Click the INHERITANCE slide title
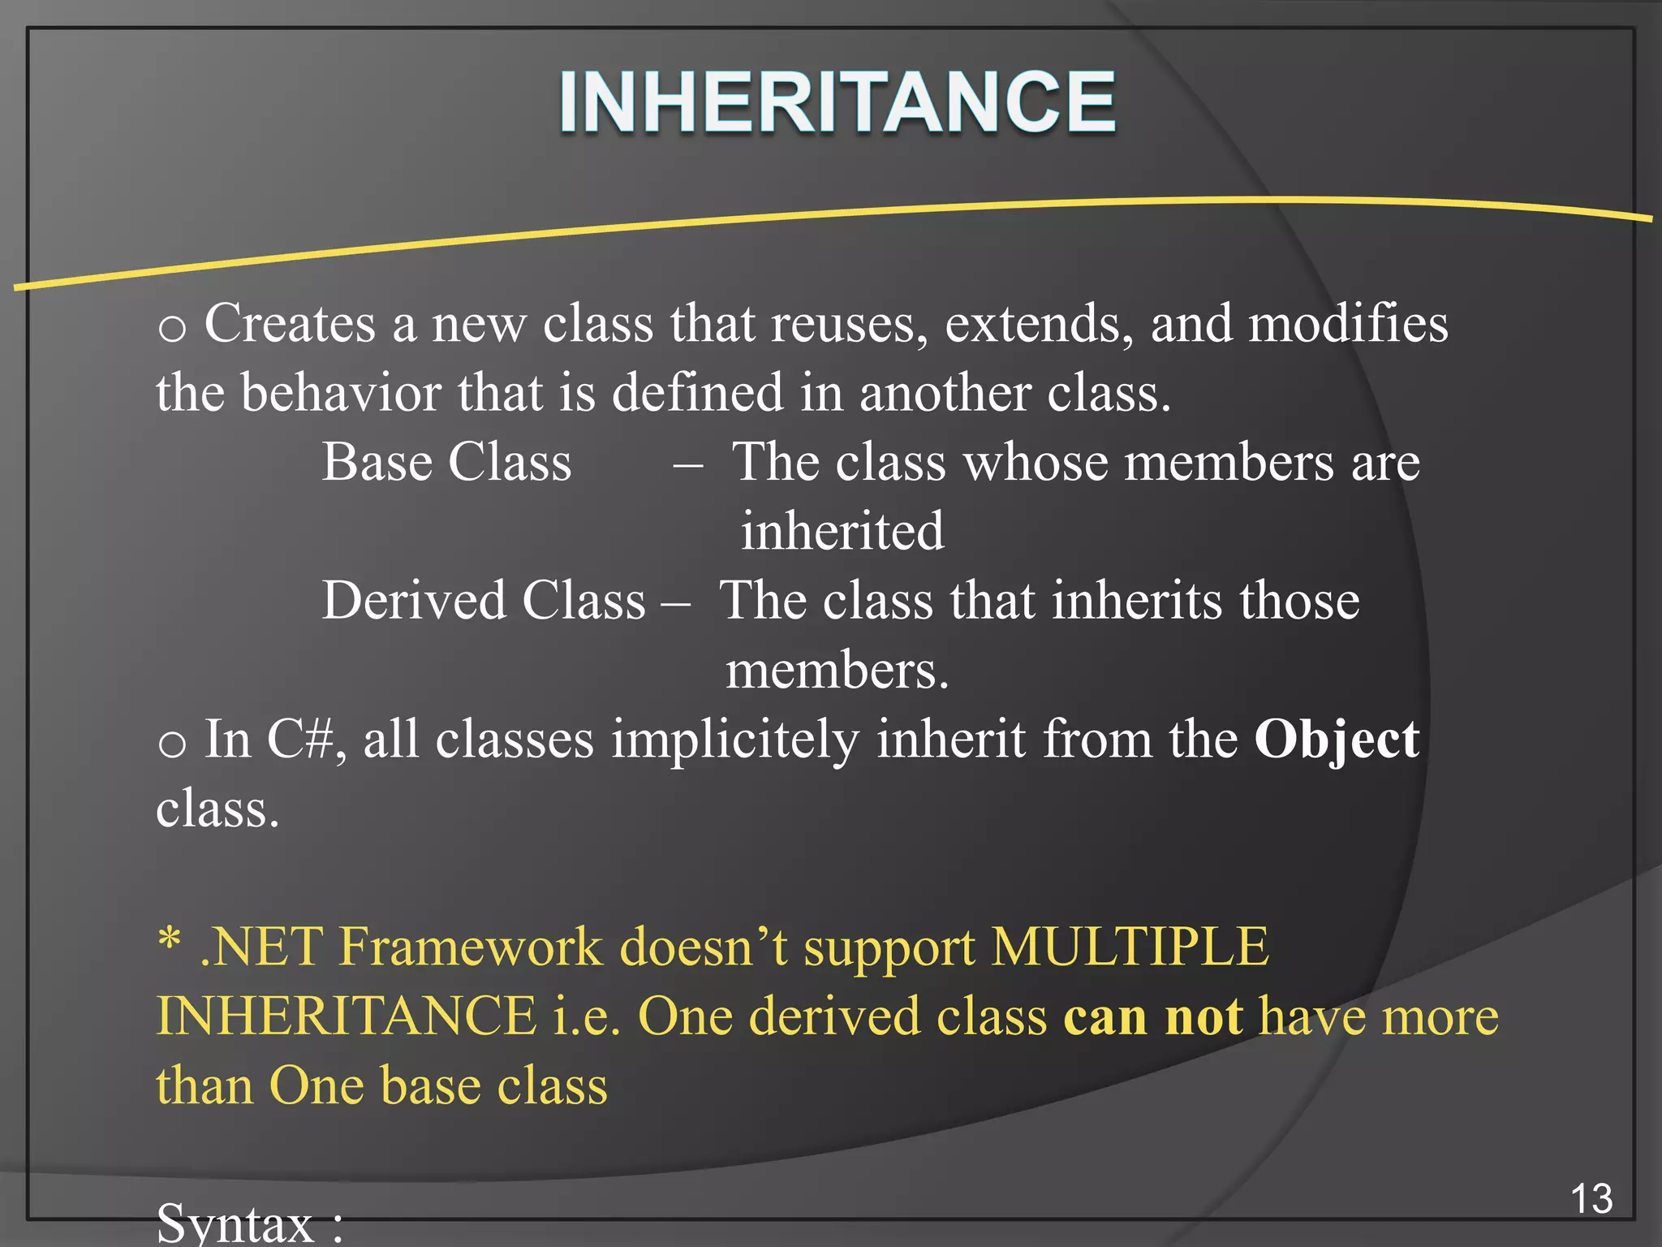coord(837,101)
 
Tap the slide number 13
coord(1591,1199)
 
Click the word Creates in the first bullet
coord(290,323)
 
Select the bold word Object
coord(1336,740)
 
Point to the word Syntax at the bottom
coord(235,1223)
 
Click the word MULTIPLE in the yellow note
coord(1130,947)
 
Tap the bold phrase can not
coord(1152,1016)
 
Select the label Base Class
coord(446,462)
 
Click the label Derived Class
coord(484,601)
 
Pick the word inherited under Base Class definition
coord(842,532)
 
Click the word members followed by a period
coord(836,671)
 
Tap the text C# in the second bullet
coord(300,740)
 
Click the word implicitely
coord(734,740)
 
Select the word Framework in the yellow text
coord(471,947)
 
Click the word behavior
coord(340,393)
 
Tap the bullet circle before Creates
coord(172,329)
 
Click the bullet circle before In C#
coord(172,744)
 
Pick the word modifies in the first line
coord(1347,323)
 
